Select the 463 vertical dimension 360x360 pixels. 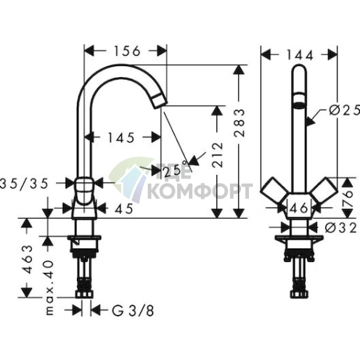pos(28,257)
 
